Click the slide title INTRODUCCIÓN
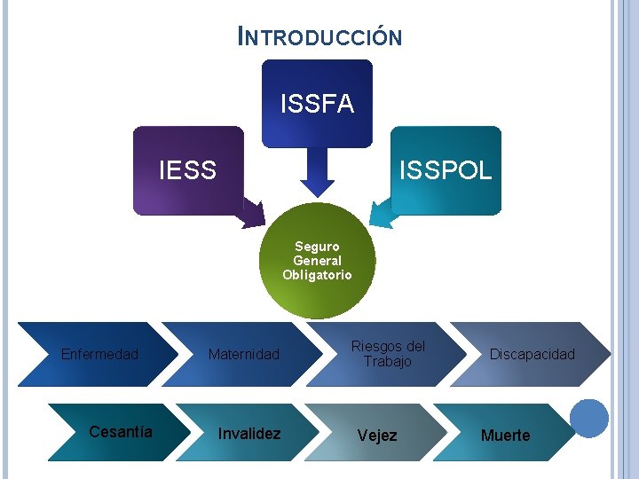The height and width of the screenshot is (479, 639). click(320, 36)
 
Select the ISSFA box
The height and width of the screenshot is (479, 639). click(317, 104)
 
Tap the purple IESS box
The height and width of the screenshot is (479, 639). click(187, 170)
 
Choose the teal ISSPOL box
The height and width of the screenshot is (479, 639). click(446, 170)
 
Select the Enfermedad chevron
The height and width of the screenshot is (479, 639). click(99, 354)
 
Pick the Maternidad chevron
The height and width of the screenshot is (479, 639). click(243, 354)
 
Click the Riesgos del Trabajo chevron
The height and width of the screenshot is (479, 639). click(388, 354)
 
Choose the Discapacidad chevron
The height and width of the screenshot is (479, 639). click(532, 354)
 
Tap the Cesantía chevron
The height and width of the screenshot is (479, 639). click(121, 432)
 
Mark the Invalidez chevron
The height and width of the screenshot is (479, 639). click(249, 433)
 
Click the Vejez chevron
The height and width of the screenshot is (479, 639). click(377, 435)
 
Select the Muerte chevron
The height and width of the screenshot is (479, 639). click(505, 435)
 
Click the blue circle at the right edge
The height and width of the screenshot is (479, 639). click(589, 418)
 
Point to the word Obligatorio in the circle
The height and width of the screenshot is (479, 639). click(317, 275)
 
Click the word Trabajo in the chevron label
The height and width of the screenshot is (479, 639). click(388, 361)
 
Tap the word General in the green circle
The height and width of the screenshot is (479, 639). click(317, 261)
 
